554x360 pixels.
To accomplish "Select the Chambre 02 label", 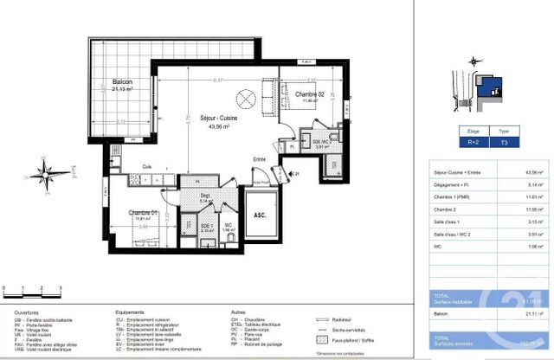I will coord(308,93).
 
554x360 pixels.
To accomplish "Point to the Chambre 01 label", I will coord(143,212).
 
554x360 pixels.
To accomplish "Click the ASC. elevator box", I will coord(259,216).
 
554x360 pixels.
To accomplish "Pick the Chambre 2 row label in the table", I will coord(447,209).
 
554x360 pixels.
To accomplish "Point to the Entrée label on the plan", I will coord(259,159).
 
